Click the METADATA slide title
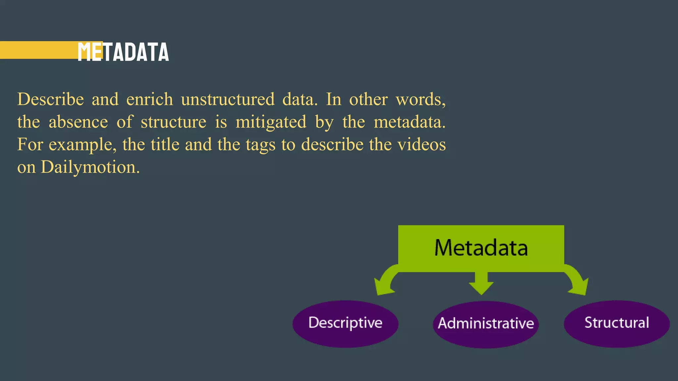[x=123, y=52]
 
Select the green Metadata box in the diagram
[x=481, y=248]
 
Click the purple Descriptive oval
[x=345, y=323]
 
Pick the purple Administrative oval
[x=486, y=324]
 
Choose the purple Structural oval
[x=616, y=323]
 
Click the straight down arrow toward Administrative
[x=481, y=283]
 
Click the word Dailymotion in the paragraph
[x=88, y=167]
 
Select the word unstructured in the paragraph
[x=228, y=99]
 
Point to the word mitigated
[x=271, y=122]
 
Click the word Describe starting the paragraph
[x=51, y=99]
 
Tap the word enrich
[x=150, y=99]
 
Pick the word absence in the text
[x=78, y=122]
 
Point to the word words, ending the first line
[x=421, y=99]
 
